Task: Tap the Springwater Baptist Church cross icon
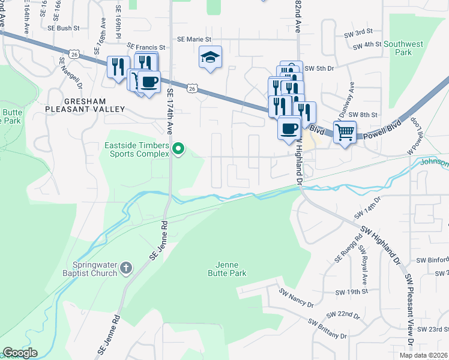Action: coord(125,268)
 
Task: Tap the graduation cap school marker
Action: coord(210,58)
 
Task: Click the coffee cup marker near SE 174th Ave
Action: coord(149,81)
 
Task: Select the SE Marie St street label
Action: coord(194,39)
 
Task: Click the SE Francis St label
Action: coord(146,47)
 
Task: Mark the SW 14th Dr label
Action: coord(367,207)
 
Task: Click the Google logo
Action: coord(20,353)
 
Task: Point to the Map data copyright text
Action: coord(424,355)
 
